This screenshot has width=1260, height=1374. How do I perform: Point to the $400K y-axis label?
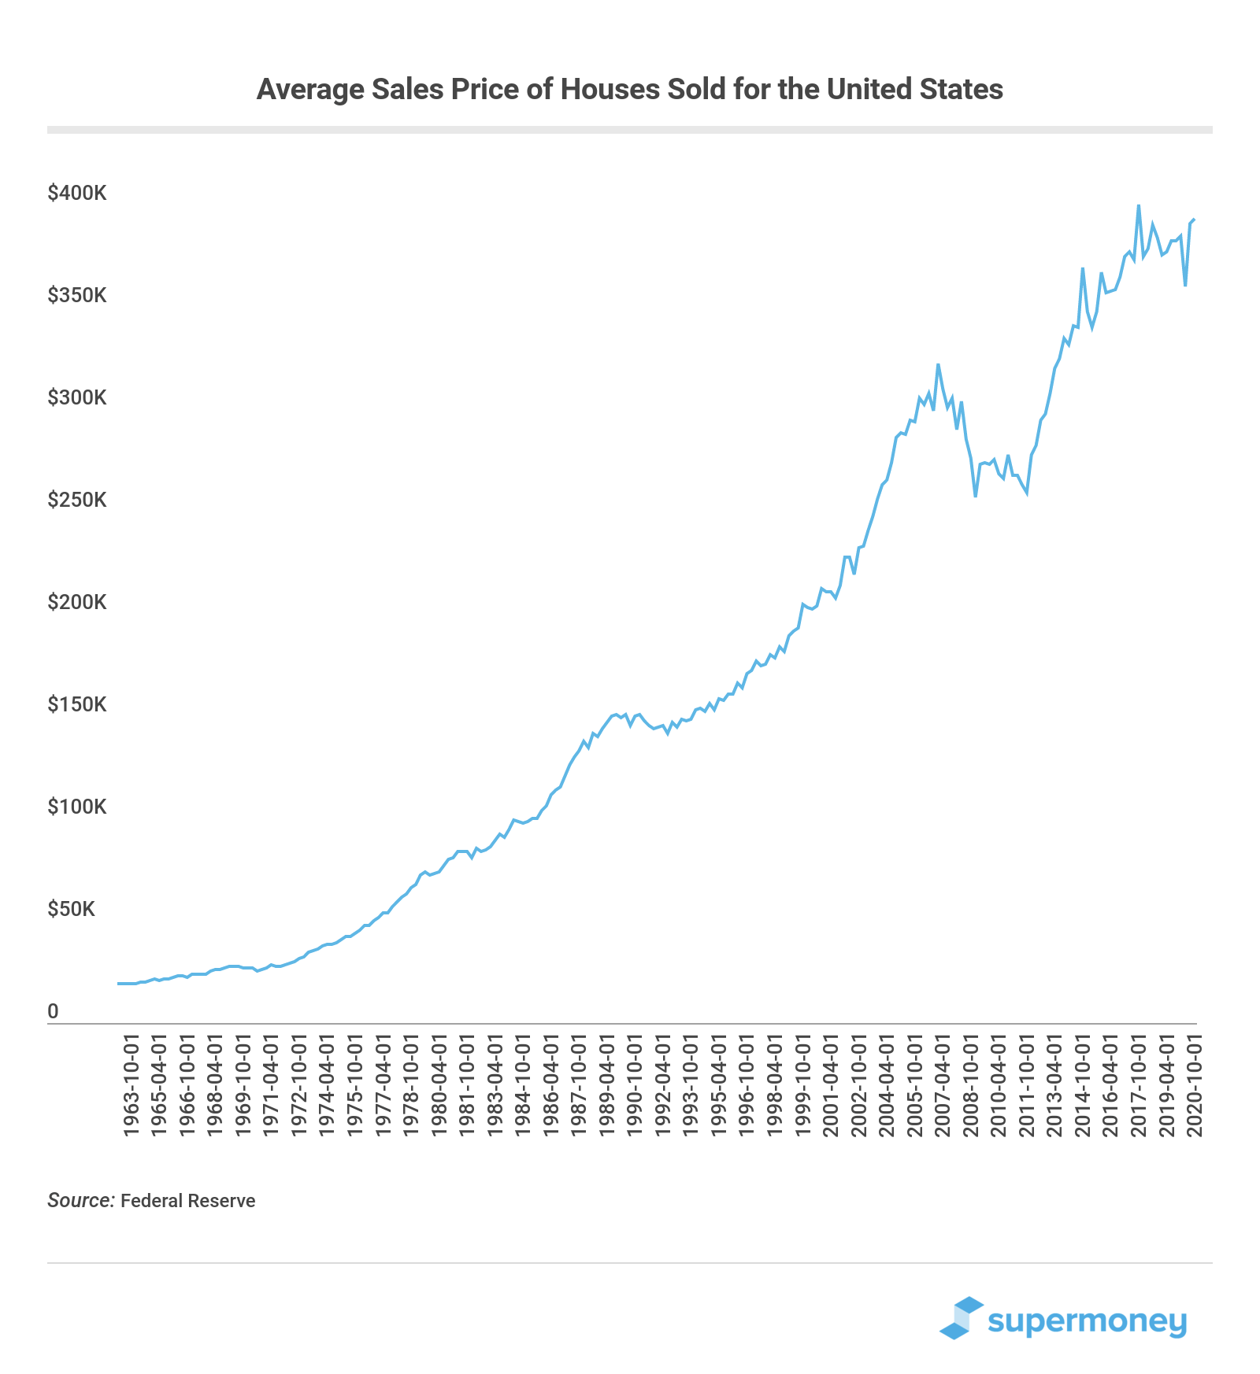77,193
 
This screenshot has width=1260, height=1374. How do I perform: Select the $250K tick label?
77,500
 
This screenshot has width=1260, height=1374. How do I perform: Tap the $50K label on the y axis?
72,909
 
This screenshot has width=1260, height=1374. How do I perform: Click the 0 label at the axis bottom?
53,1011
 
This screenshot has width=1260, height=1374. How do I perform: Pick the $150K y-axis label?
77,704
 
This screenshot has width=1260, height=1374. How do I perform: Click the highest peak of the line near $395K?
1138,206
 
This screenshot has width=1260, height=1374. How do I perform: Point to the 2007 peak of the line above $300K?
938,365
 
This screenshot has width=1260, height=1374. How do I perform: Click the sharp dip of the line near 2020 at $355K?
1185,285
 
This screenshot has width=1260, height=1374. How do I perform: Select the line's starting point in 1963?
119,984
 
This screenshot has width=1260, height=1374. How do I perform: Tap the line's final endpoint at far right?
1195,220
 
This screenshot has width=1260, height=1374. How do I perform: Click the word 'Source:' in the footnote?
81,1200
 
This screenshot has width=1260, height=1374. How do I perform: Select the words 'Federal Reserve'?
188,1201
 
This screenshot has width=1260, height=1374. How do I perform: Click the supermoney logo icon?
962,1317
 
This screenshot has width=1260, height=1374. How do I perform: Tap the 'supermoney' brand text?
1087,1320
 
